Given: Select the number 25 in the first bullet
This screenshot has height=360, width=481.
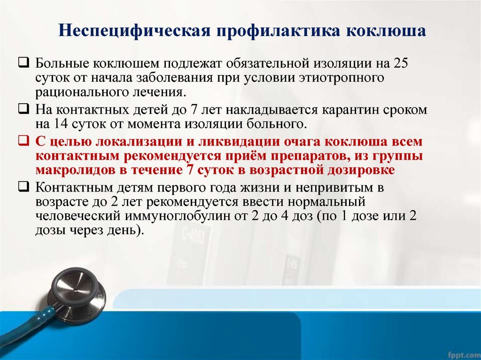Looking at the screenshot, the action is point(400,63).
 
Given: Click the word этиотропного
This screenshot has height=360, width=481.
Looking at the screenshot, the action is point(341,78).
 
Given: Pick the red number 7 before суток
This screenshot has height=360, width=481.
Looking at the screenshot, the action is point(190,170).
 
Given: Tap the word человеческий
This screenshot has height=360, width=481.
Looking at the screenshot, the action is point(78,216).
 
